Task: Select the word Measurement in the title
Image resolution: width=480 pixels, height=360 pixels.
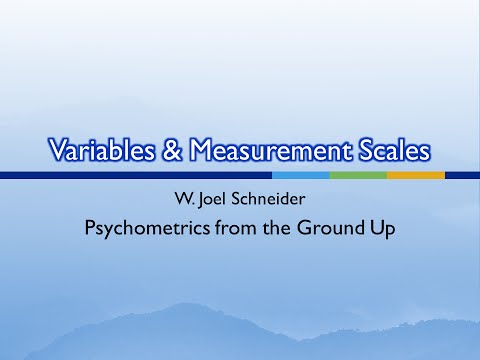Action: click(268, 152)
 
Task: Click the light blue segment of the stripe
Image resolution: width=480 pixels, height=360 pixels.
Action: click(300, 175)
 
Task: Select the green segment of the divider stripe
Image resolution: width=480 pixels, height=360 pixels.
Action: click(357, 175)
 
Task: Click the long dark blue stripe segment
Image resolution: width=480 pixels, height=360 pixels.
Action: click(135, 175)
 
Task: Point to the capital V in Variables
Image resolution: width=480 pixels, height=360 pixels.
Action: click(59, 152)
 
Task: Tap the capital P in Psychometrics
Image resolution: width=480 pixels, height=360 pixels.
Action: click(90, 227)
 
